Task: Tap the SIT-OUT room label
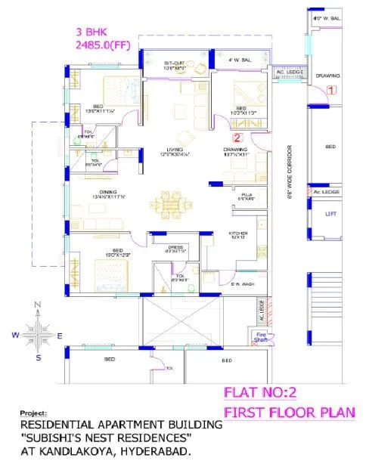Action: (x=175, y=63)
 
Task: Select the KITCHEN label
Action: (x=239, y=234)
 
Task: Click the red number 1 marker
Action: (x=331, y=90)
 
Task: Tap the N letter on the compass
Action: (x=37, y=305)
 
